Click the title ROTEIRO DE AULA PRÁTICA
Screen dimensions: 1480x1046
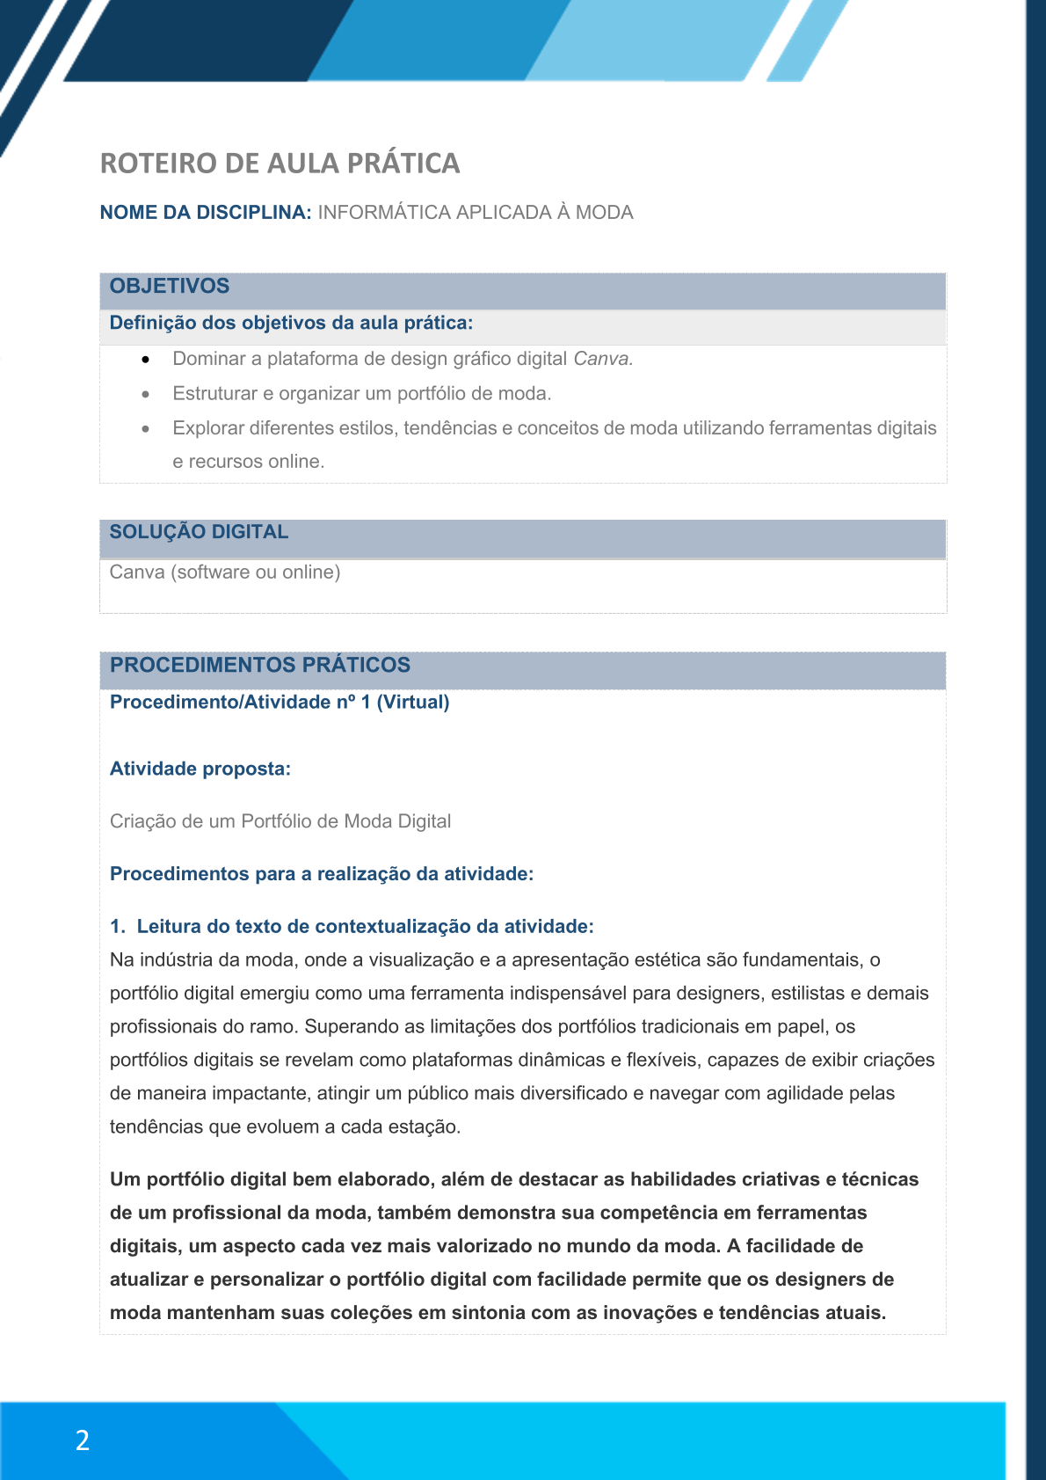(x=280, y=164)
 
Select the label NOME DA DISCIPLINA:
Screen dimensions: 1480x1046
(x=206, y=213)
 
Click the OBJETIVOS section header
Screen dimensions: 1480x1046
(x=170, y=286)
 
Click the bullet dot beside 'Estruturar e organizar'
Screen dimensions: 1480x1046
(x=146, y=394)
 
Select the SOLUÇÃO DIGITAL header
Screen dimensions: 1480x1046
(x=199, y=532)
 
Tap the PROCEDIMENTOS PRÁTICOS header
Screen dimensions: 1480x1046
(x=260, y=665)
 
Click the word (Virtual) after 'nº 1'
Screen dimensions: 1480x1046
(x=413, y=703)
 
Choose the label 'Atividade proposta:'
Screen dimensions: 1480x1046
(x=200, y=769)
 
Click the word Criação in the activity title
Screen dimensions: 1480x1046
(x=142, y=821)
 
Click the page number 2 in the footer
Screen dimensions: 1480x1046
(x=83, y=1440)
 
